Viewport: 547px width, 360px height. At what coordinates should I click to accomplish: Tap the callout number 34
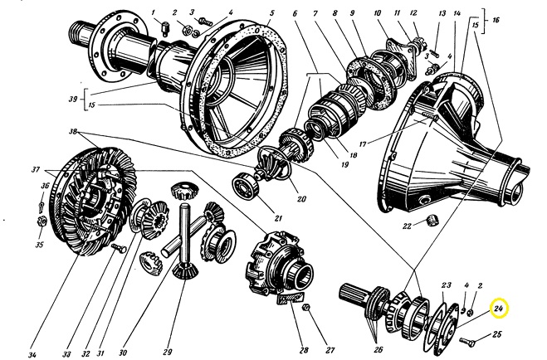pos(32,355)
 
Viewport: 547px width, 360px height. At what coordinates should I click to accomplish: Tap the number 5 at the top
pos(271,14)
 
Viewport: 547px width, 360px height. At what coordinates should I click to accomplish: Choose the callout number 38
pos(74,133)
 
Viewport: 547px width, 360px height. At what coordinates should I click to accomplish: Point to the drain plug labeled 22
pos(432,218)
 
